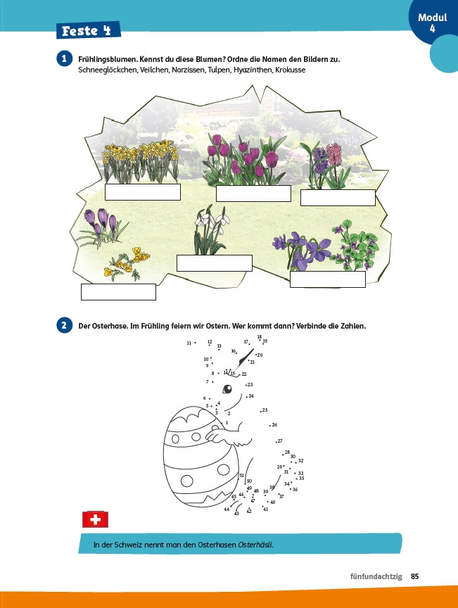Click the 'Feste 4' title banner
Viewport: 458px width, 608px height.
[89, 30]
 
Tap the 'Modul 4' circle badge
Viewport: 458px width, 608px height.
[433, 22]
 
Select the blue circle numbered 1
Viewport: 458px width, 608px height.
[65, 59]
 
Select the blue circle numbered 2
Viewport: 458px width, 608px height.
[65, 325]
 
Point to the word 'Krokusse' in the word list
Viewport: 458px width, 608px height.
[290, 70]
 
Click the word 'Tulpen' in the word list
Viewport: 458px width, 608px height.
[219, 70]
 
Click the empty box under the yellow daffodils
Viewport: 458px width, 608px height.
[143, 192]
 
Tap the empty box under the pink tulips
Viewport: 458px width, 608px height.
[253, 193]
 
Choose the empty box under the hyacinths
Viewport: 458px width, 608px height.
[338, 198]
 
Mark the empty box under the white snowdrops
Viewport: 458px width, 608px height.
[215, 263]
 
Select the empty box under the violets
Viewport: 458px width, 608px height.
[328, 279]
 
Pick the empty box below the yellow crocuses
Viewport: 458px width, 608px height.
[118, 291]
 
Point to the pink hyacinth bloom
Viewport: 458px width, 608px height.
[334, 154]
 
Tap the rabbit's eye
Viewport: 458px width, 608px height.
[227, 388]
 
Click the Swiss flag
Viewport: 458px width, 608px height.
[95, 519]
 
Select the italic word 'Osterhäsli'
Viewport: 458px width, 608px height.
[255, 545]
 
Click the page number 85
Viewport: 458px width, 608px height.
[414, 576]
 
